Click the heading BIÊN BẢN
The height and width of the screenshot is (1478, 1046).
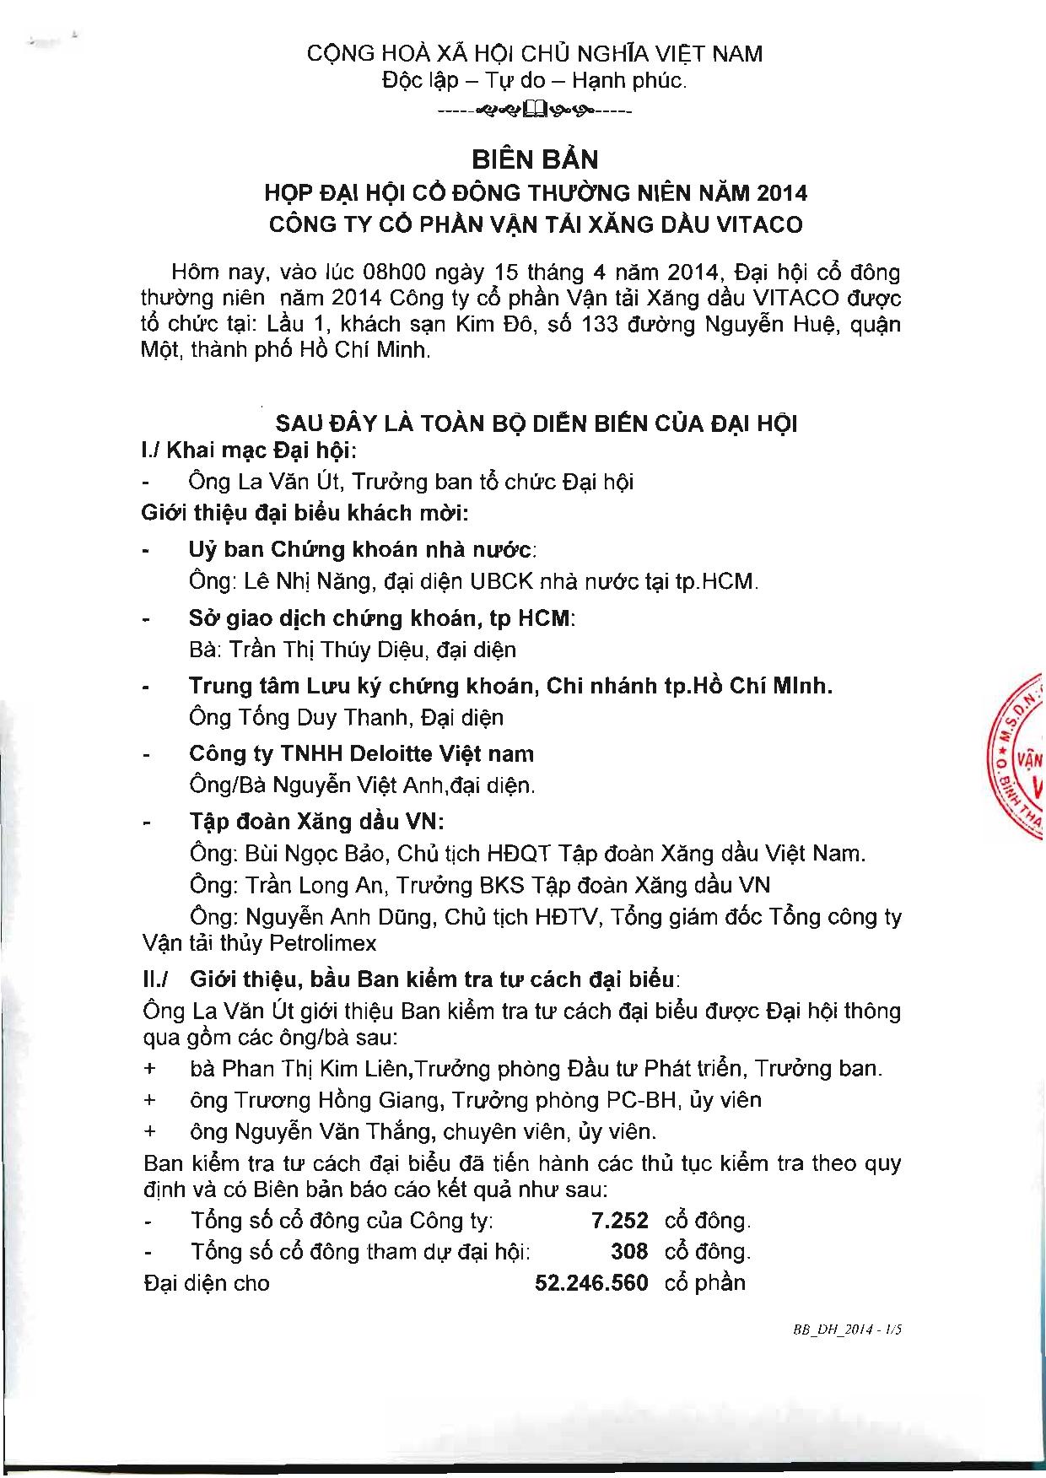(535, 159)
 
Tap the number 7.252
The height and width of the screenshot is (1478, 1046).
(620, 1220)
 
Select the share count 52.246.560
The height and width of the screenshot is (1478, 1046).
(591, 1283)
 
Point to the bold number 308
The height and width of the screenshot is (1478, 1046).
(629, 1251)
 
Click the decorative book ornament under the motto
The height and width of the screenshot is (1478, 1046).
(536, 109)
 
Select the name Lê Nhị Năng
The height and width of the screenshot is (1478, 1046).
(307, 581)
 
